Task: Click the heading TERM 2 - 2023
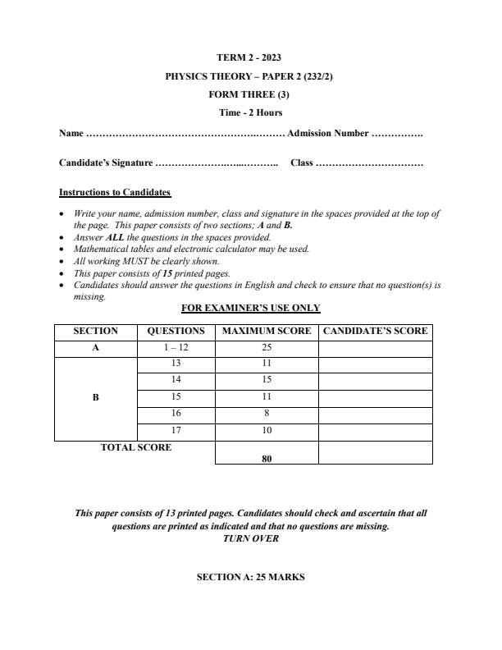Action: point(250,57)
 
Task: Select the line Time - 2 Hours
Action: point(250,112)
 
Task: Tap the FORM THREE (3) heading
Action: point(250,94)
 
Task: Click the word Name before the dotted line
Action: point(71,133)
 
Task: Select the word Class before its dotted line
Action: point(302,162)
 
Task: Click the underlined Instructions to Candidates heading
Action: point(115,192)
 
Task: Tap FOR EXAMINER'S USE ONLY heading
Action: point(250,308)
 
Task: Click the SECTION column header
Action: point(95,332)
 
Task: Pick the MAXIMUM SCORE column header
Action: point(267,332)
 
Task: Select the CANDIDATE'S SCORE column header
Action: point(375,332)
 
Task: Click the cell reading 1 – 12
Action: point(176,348)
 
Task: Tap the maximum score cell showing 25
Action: point(267,348)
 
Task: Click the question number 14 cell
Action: point(176,380)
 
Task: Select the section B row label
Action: point(95,397)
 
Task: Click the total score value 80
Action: point(267,459)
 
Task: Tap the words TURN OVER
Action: point(250,538)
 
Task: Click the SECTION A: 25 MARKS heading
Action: point(250,577)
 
